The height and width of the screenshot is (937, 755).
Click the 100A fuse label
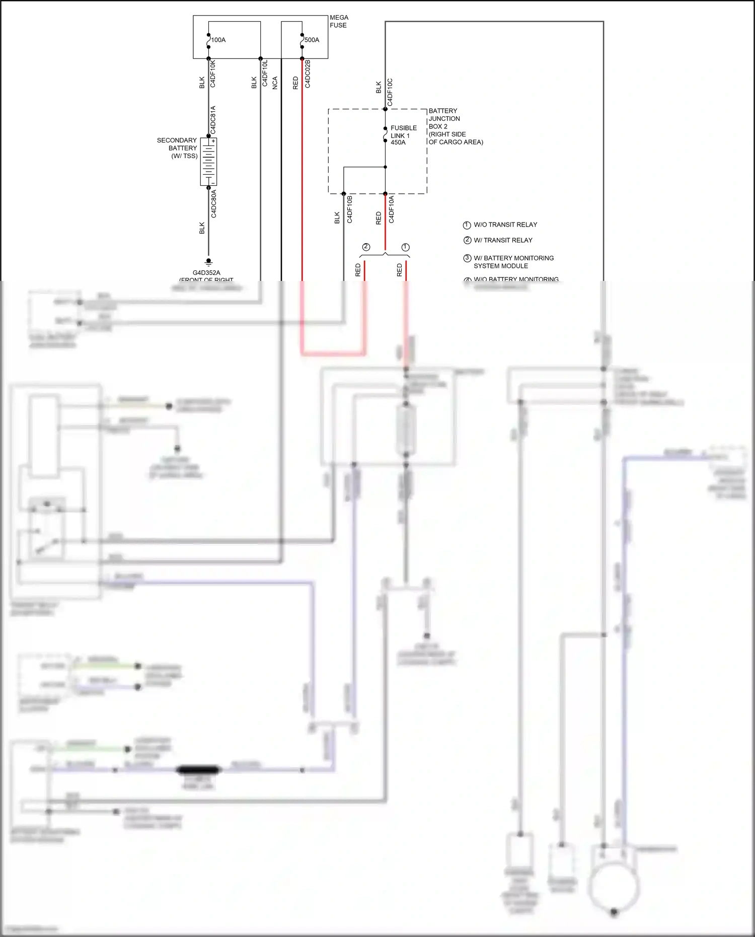click(218, 40)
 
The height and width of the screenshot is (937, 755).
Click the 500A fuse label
click(312, 40)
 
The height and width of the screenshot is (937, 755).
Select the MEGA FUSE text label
click(338, 21)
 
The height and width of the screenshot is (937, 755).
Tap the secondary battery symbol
click(208, 162)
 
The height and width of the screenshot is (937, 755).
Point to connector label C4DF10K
click(213, 74)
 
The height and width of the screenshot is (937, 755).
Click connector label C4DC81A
click(213, 119)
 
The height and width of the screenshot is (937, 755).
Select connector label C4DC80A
click(213, 203)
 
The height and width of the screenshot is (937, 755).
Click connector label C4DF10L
click(265, 74)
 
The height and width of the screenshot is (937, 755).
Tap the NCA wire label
click(275, 83)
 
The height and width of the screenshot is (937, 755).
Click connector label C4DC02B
click(308, 74)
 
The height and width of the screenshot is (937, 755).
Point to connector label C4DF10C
click(390, 92)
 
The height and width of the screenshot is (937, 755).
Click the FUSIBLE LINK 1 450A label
click(403, 135)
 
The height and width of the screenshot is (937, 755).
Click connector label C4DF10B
click(350, 209)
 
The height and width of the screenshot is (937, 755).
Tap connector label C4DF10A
click(392, 209)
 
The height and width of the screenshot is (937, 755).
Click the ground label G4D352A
click(206, 273)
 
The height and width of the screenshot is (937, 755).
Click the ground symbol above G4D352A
click(208, 262)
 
